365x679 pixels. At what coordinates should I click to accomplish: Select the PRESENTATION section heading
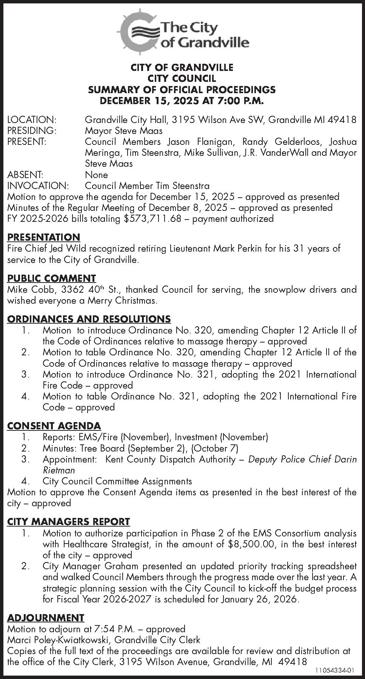(44, 237)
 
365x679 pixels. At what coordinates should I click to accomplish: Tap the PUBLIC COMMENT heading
(52, 278)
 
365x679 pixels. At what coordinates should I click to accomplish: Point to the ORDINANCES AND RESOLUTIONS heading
(89, 319)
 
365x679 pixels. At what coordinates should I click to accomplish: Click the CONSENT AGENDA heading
(54, 426)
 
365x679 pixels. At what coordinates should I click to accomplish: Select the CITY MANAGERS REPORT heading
(68, 522)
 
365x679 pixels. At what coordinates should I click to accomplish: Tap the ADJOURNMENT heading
(46, 618)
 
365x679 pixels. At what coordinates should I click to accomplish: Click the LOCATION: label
(32, 120)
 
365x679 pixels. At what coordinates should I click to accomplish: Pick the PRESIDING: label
(32, 131)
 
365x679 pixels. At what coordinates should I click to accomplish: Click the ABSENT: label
(25, 175)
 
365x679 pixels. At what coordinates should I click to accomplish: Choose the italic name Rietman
(59, 470)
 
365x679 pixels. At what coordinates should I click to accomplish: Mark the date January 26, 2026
(260, 600)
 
